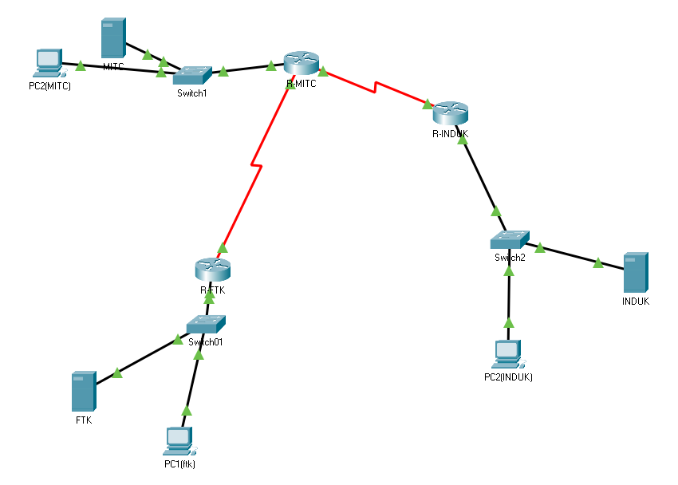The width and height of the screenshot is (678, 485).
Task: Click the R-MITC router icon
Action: (301, 63)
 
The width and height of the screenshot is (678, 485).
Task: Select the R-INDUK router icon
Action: (450, 113)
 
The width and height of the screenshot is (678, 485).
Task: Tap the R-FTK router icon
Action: (212, 269)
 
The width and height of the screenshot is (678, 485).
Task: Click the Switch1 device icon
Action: (192, 75)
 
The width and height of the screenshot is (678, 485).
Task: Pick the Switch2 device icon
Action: (509, 239)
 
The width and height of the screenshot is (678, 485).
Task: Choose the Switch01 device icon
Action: (207, 324)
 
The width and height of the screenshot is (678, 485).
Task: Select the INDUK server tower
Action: (635, 273)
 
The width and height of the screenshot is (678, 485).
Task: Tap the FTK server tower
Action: (84, 392)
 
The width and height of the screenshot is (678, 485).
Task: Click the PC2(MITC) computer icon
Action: (49, 64)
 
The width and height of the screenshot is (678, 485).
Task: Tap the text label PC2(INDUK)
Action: (508, 377)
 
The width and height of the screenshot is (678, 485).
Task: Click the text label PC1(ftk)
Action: (179, 463)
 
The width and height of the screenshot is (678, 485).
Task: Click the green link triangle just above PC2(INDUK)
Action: (509, 323)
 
